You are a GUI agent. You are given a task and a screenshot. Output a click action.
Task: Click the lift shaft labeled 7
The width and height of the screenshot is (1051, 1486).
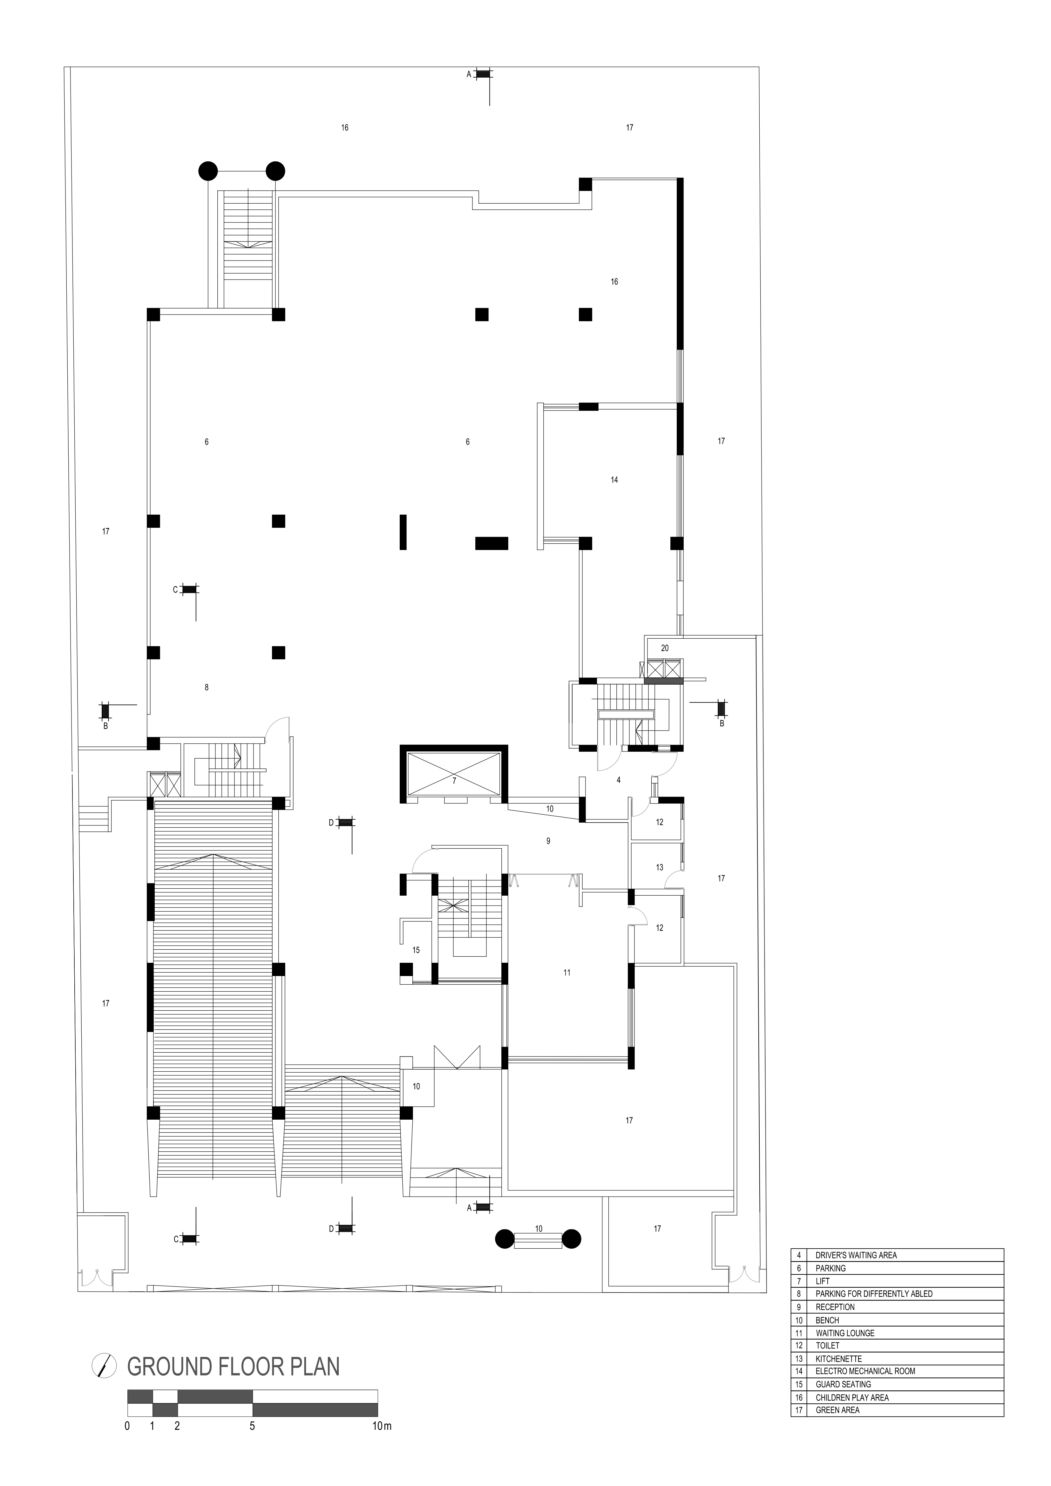click(454, 774)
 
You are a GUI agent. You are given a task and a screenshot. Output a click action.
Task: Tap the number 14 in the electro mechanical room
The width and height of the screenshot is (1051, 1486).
click(614, 479)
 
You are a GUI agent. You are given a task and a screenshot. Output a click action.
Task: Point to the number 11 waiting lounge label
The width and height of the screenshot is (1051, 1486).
click(567, 972)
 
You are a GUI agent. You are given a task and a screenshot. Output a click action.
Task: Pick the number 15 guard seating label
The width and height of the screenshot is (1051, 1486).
click(416, 950)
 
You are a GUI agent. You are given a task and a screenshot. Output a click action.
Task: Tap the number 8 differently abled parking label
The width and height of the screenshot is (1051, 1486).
click(207, 687)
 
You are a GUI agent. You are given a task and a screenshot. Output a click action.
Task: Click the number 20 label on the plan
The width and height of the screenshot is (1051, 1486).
click(665, 648)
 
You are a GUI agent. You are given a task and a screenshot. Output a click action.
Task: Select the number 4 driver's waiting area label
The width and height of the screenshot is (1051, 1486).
click(619, 780)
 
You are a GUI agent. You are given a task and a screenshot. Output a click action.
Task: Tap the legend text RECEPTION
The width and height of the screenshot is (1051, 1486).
click(835, 1307)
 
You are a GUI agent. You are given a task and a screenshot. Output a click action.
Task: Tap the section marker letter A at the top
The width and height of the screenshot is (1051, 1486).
click(469, 74)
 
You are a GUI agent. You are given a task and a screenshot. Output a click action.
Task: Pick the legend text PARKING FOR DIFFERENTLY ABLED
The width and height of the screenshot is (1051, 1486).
click(874, 1294)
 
